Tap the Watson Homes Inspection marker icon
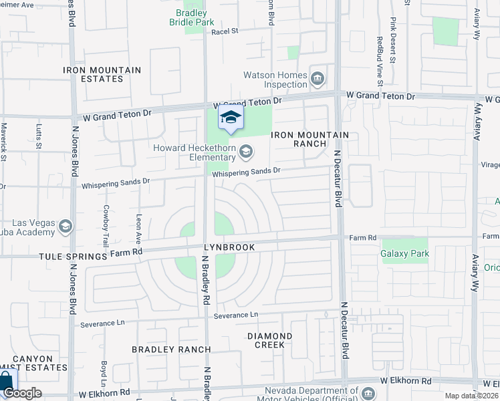(318, 80)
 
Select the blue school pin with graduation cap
(231, 118)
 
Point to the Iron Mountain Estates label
(102, 74)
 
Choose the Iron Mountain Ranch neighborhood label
(310, 139)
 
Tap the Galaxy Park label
(404, 253)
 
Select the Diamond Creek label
(269, 340)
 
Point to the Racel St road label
(225, 31)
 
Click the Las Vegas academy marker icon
(66, 227)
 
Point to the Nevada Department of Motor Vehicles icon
(369, 391)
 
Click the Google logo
(23, 393)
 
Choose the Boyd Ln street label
(104, 374)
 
